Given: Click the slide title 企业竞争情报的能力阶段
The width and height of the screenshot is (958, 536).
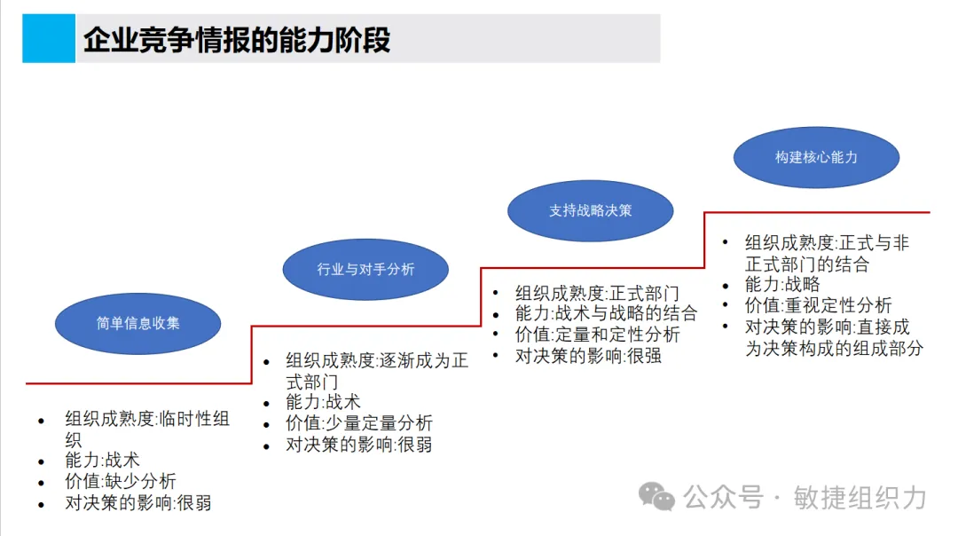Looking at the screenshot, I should point(237,40).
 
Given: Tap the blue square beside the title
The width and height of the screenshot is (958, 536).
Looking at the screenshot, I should point(49,38).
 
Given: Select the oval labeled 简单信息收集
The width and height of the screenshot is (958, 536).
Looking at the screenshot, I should point(137,323).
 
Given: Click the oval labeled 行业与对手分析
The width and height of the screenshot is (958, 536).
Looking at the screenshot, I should point(365,269).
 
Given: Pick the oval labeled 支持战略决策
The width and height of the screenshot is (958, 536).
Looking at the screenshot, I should point(590,210).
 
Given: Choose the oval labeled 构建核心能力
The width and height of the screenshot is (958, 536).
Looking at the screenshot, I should point(816,157).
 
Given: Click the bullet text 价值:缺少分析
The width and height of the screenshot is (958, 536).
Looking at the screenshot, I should point(121,482).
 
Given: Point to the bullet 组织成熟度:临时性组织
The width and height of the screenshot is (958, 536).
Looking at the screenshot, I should point(146,429).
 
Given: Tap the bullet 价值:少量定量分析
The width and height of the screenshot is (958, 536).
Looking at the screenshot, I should point(358,423).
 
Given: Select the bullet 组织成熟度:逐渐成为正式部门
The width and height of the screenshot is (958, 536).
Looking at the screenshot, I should point(376,371).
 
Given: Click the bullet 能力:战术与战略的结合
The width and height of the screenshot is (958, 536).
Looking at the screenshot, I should point(606,312).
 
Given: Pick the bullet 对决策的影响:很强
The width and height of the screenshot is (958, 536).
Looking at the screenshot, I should point(588,356).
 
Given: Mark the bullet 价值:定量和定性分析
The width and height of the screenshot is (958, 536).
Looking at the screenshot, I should point(597,335).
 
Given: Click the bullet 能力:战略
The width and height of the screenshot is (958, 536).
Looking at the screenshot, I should point(782,285).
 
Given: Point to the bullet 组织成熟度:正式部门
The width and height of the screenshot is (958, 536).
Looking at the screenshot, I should point(597,292).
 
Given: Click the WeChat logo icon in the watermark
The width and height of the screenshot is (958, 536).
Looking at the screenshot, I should point(658,497).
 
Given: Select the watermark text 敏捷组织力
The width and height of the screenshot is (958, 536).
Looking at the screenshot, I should point(858,497).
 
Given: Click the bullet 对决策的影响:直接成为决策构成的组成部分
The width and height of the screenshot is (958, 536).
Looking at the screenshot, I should point(833,337).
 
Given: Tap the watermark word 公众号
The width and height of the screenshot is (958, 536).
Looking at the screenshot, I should point(722,497).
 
